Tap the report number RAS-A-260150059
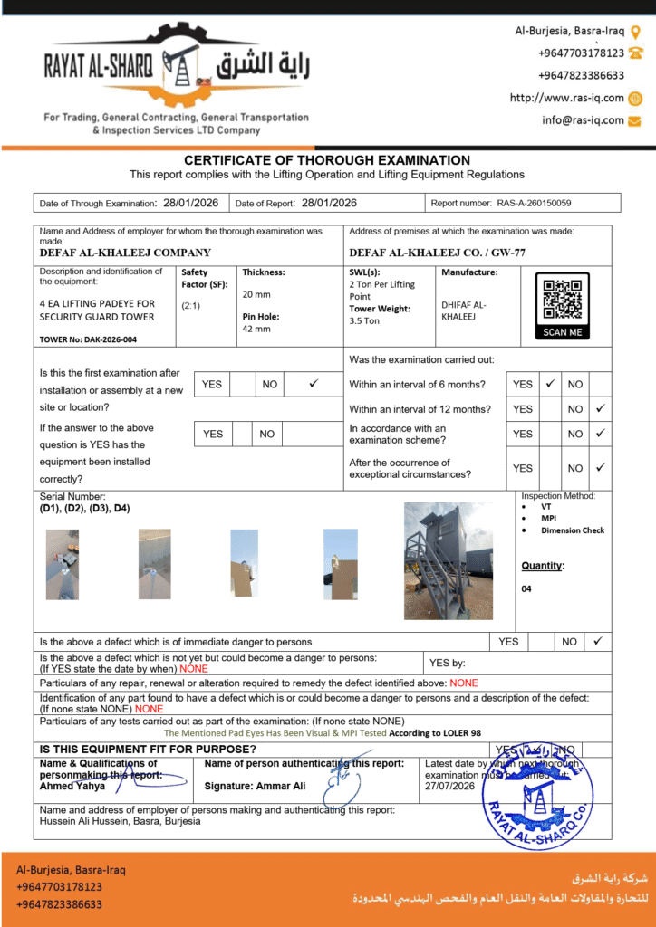point(534,204)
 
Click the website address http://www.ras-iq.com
point(566,98)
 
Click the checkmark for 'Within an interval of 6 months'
point(550,384)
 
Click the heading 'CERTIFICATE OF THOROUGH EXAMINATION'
point(327,160)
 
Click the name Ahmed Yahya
point(72,786)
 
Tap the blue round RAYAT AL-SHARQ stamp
point(536,795)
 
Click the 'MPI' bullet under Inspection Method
point(550,519)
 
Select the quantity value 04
point(527,588)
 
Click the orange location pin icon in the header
point(636,32)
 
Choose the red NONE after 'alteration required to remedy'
point(464,683)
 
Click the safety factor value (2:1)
point(191,305)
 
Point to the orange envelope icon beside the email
point(635,120)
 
